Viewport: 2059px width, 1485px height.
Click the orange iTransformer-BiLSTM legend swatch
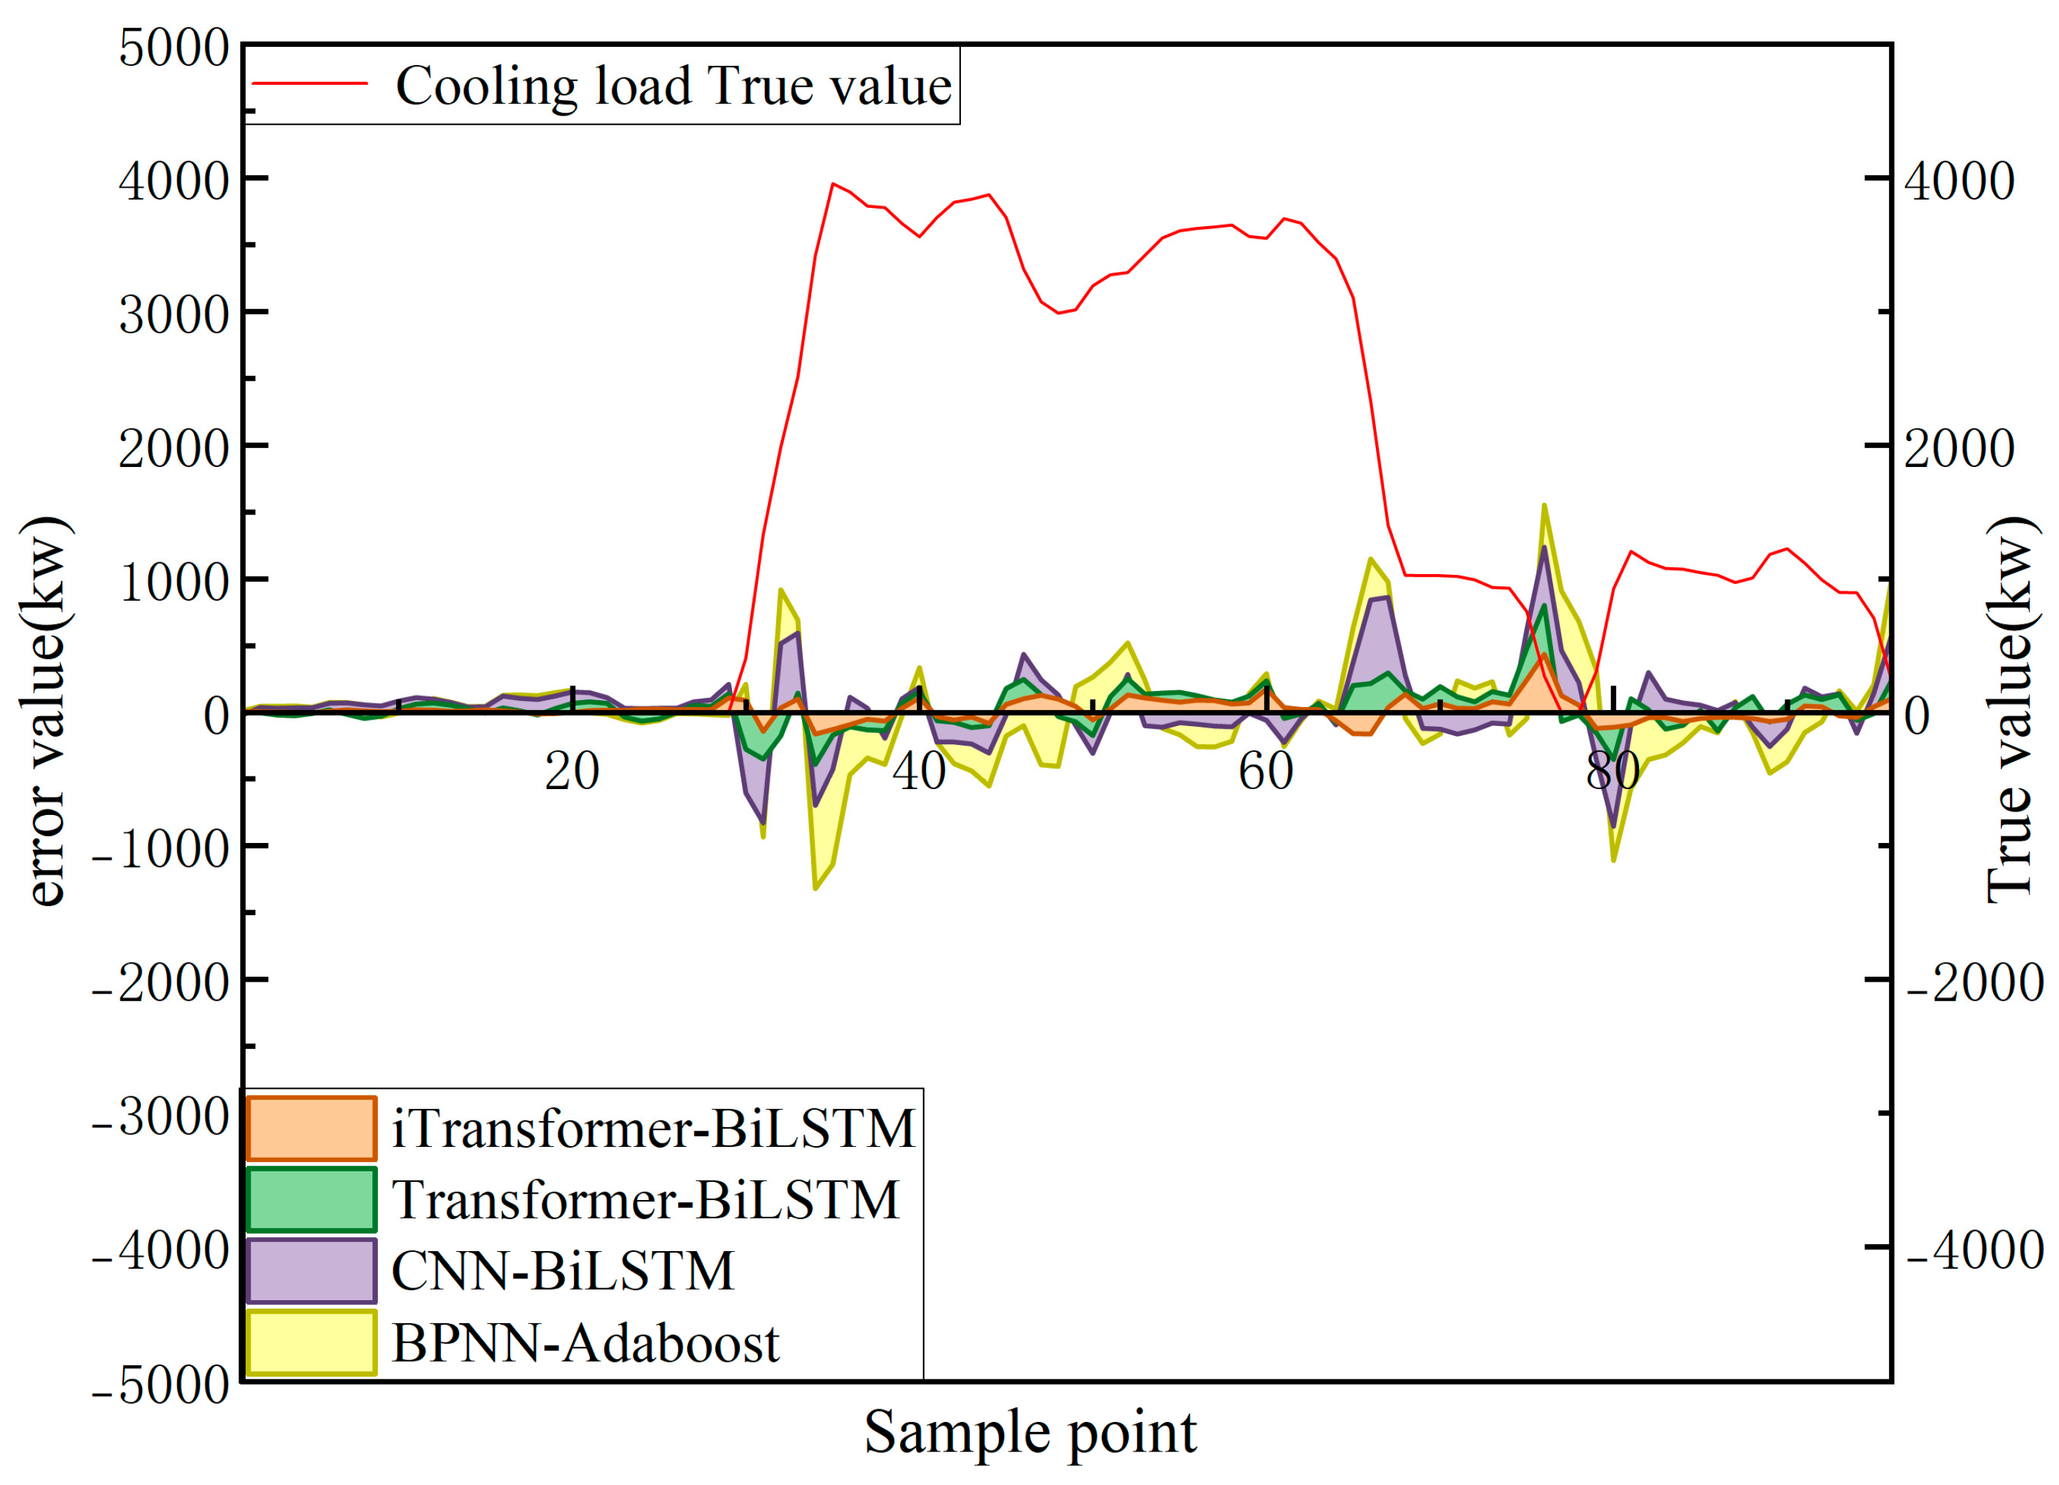click(x=311, y=1129)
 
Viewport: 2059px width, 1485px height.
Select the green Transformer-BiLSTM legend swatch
click(x=311, y=1200)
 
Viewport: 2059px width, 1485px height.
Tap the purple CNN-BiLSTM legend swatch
click(x=311, y=1271)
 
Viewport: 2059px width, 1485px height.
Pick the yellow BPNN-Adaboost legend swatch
click(x=311, y=1342)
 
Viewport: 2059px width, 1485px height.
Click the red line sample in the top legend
click(x=309, y=83)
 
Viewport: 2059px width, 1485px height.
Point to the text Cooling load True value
click(x=673, y=86)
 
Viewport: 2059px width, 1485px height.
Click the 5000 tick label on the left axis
click(x=174, y=48)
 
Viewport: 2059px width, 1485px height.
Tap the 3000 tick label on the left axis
click(x=174, y=316)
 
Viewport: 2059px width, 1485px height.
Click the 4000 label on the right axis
click(x=1958, y=181)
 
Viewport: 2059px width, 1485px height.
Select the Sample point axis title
click(x=1029, y=1432)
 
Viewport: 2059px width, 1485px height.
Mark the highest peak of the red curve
click(x=833, y=184)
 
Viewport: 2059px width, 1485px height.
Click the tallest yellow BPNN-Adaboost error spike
click(x=1543, y=506)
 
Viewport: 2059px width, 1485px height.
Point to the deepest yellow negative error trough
click(x=815, y=887)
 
